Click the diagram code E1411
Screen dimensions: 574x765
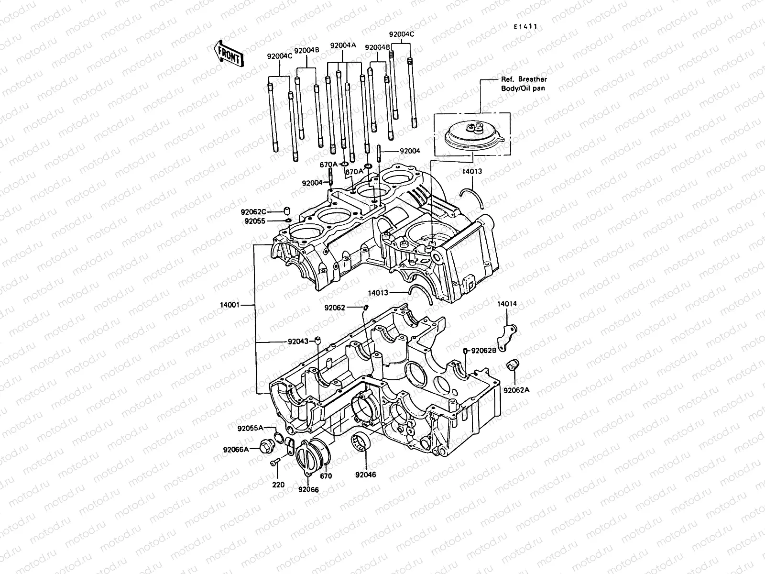coord(525,27)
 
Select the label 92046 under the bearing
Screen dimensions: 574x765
coord(366,475)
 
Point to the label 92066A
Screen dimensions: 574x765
coord(236,449)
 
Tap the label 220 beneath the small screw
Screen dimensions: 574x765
coord(278,485)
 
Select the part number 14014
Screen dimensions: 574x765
coord(506,304)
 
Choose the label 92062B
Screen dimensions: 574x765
coord(484,351)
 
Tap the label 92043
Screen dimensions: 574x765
coord(298,342)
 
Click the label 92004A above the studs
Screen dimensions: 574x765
coord(343,46)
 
